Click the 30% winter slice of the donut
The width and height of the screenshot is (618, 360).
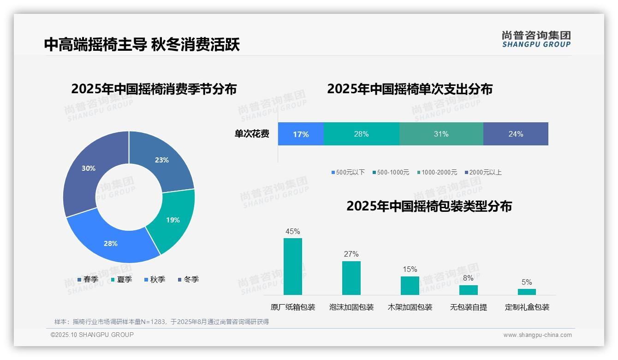click(85, 171)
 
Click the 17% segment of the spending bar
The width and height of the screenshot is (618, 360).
click(301, 134)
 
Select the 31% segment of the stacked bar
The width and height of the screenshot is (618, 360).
click(441, 134)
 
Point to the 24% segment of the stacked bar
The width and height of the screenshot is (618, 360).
click(516, 134)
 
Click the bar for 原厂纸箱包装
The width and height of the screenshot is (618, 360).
click(293, 266)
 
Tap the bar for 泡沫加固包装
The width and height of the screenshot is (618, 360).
click(351, 278)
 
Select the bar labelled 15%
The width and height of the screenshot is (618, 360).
click(410, 285)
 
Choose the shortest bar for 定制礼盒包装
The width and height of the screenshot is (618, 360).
click(527, 292)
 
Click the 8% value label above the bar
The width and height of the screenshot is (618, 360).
click(468, 278)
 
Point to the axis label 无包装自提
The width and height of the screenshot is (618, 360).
click(468, 307)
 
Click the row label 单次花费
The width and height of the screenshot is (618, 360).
click(252, 134)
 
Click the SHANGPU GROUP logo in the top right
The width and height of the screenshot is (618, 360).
click(536, 39)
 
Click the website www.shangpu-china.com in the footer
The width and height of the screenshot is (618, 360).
click(537, 335)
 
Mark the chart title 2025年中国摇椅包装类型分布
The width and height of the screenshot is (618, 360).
click(429, 206)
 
